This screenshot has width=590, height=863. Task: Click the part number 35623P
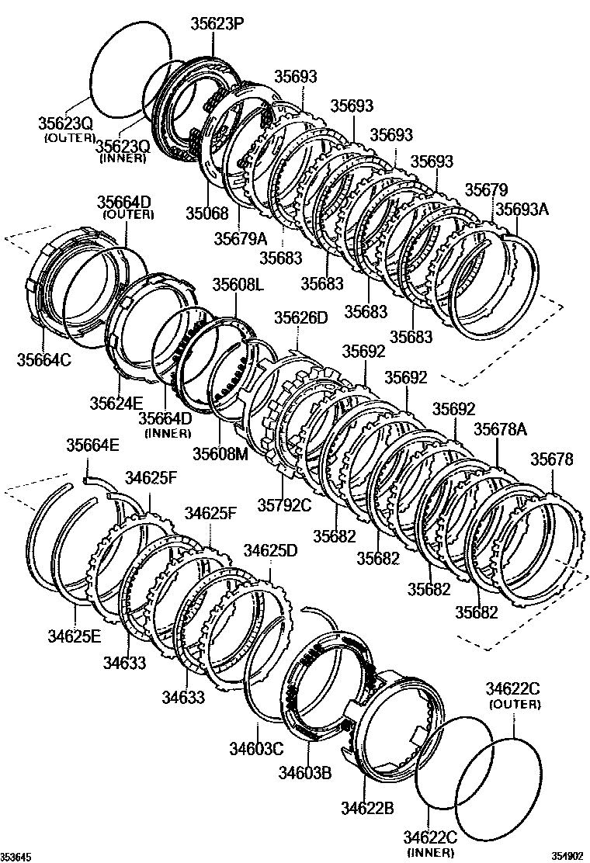(x=217, y=23)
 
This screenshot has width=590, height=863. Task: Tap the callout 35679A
(x=240, y=237)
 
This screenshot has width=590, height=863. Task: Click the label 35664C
(x=43, y=359)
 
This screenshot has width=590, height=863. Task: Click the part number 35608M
(x=220, y=453)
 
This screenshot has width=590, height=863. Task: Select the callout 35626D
(x=301, y=318)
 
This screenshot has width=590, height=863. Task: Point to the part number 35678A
(x=500, y=430)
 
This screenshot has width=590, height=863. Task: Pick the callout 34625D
(x=270, y=550)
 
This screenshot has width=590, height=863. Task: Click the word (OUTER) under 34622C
(x=513, y=704)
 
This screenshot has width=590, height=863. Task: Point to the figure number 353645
(x=17, y=857)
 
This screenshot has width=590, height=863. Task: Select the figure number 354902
(x=566, y=857)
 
